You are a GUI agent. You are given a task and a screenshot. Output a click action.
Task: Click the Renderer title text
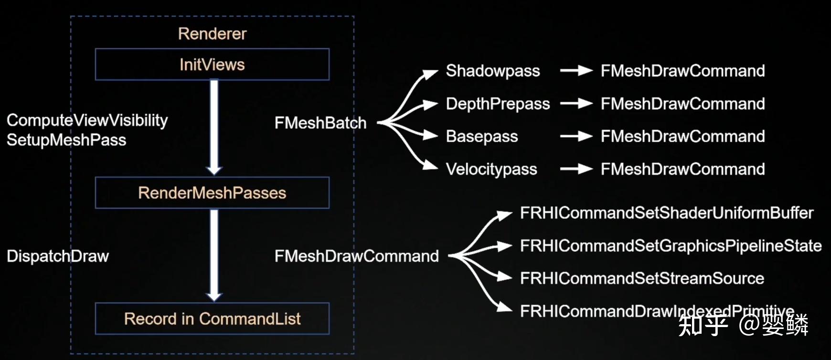click(212, 34)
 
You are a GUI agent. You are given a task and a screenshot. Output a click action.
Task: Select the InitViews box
click(212, 64)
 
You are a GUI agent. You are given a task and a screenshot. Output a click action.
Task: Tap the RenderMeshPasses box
click(212, 193)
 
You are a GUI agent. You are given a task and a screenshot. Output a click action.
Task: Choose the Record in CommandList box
click(212, 318)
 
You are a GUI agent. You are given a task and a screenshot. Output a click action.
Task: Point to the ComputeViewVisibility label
click(87, 120)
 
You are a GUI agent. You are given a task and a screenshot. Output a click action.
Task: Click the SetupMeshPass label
click(66, 140)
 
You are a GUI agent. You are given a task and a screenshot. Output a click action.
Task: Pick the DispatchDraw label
click(58, 256)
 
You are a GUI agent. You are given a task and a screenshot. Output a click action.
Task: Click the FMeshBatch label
click(320, 123)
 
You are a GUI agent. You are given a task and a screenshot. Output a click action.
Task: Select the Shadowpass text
click(493, 71)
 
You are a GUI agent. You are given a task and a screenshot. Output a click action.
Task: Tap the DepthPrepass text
click(498, 104)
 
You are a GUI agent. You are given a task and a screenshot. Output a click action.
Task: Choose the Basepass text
click(482, 137)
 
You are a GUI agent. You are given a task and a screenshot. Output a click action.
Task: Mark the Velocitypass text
click(491, 169)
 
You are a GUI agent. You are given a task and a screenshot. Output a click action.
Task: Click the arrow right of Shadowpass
click(576, 71)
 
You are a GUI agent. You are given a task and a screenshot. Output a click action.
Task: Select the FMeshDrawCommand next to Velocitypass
click(682, 169)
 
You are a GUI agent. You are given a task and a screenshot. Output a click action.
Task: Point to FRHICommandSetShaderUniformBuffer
click(666, 213)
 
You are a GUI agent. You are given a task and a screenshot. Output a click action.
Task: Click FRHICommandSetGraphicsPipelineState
click(671, 246)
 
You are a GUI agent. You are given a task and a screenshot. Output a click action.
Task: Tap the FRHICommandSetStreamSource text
click(642, 278)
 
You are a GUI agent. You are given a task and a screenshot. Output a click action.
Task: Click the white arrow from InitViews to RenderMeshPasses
click(214, 127)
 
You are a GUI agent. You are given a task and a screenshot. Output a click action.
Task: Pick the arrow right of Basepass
click(576, 137)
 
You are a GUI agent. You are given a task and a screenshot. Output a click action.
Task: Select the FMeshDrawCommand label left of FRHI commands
click(356, 256)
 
